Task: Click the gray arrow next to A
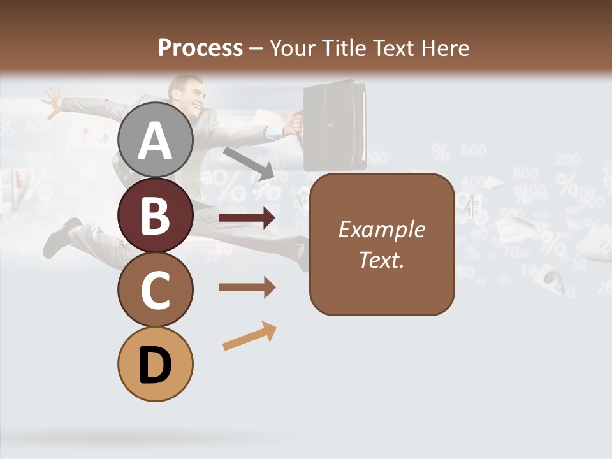coord(249,163)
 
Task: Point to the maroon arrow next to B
coord(247,218)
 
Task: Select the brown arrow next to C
coord(247,288)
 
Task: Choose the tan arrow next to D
coord(249,336)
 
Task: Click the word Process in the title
coord(200,48)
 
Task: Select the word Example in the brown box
coord(381,229)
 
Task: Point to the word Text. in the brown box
coord(381,260)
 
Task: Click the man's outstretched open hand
coord(52,100)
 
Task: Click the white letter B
coord(155,215)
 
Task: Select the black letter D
coord(155,366)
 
